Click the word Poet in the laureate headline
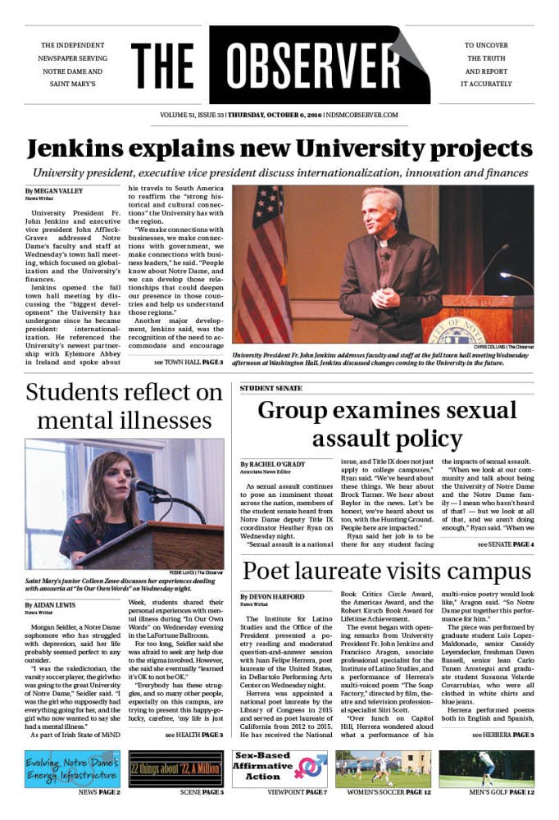270,572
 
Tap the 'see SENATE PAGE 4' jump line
499,544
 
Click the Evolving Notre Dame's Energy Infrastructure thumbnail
72,769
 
